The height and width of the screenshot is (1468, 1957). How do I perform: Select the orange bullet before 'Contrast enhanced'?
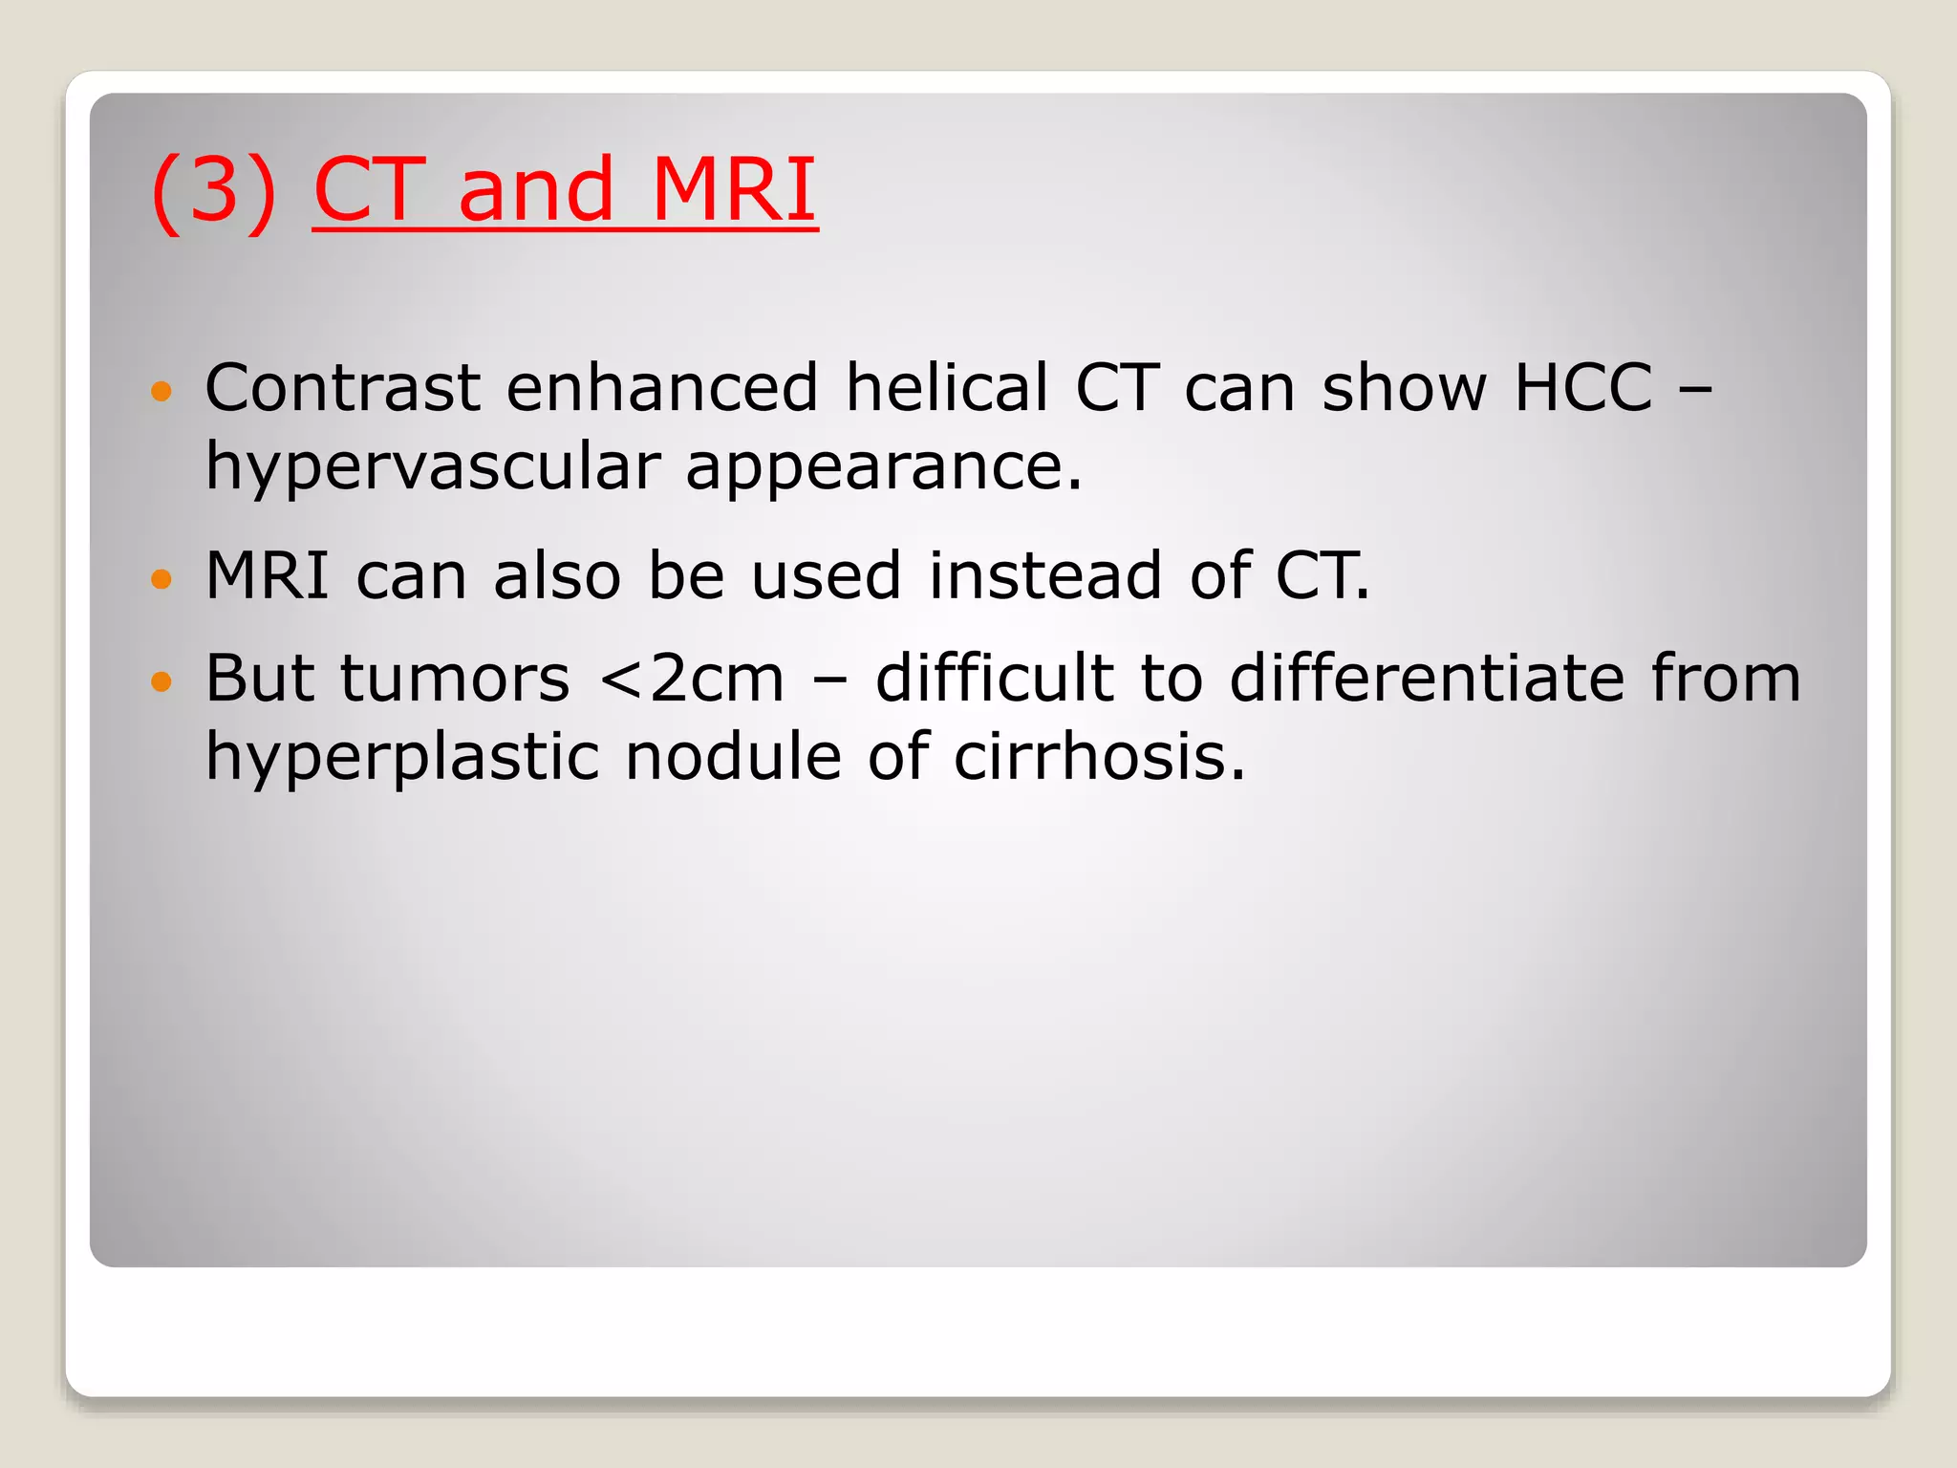[161, 391]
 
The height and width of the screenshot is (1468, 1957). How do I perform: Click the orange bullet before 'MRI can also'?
[161, 578]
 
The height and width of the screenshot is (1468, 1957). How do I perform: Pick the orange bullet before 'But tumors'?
[161, 681]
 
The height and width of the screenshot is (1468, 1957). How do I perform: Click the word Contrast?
[343, 388]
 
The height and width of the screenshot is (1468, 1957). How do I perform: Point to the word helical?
[947, 388]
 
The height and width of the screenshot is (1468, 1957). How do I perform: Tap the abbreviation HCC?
[1583, 388]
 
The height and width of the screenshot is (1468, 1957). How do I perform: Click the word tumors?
[455, 679]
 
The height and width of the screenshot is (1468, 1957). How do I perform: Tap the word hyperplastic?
[402, 757]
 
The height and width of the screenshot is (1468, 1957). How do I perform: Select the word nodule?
[734, 757]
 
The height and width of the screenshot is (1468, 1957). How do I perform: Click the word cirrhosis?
[1099, 757]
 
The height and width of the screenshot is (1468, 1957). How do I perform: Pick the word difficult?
[995, 679]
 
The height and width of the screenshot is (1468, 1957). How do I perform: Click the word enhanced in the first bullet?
[662, 388]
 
